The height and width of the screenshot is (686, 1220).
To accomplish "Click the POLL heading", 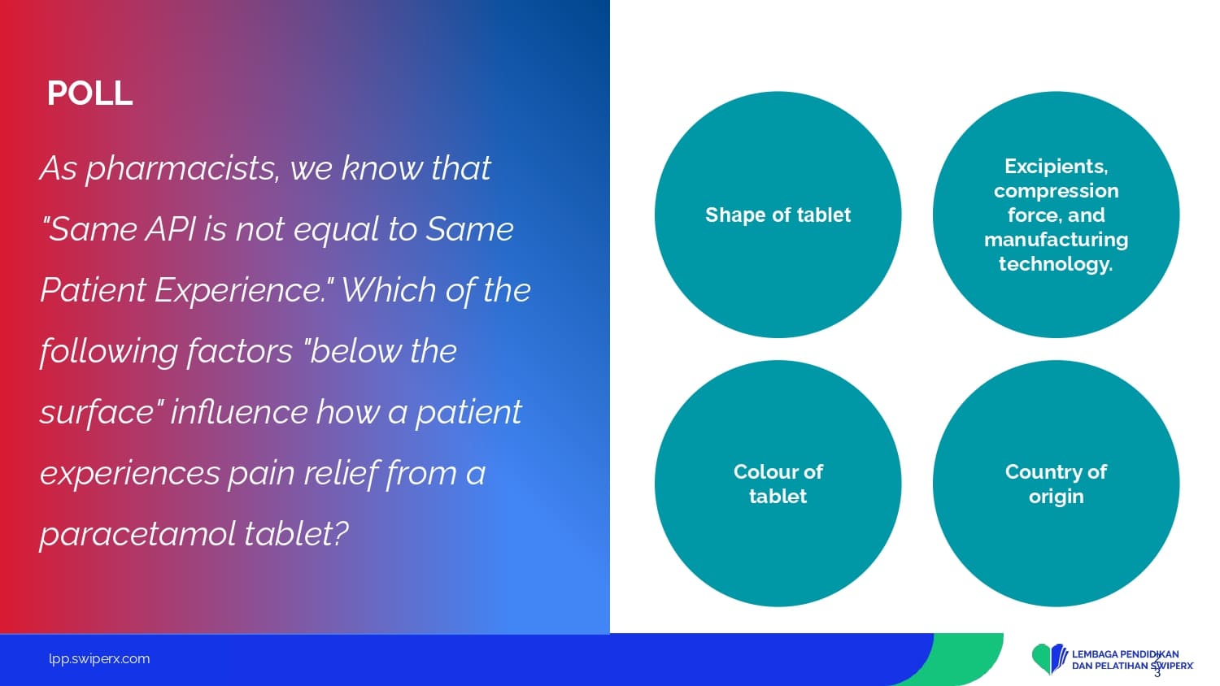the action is (89, 93).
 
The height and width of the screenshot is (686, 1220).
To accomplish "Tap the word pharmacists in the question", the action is (182, 169).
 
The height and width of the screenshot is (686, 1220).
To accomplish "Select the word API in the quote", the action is (171, 228).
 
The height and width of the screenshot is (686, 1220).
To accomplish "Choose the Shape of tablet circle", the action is (778, 215).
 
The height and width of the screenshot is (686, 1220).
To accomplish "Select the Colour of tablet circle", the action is (778, 484).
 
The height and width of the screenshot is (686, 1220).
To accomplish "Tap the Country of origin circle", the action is (1056, 484).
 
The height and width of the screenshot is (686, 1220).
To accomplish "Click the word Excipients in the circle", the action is (1056, 167).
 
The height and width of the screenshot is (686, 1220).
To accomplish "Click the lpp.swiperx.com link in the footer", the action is (99, 659).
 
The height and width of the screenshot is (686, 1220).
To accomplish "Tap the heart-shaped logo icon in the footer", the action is (1049, 659).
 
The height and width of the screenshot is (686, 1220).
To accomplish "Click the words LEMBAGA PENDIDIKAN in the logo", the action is (1125, 653).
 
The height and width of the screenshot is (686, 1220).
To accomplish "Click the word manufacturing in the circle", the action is (1056, 240).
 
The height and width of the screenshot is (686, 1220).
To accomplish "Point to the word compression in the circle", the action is (1056, 191).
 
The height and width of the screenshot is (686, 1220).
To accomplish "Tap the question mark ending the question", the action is (340, 533).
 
